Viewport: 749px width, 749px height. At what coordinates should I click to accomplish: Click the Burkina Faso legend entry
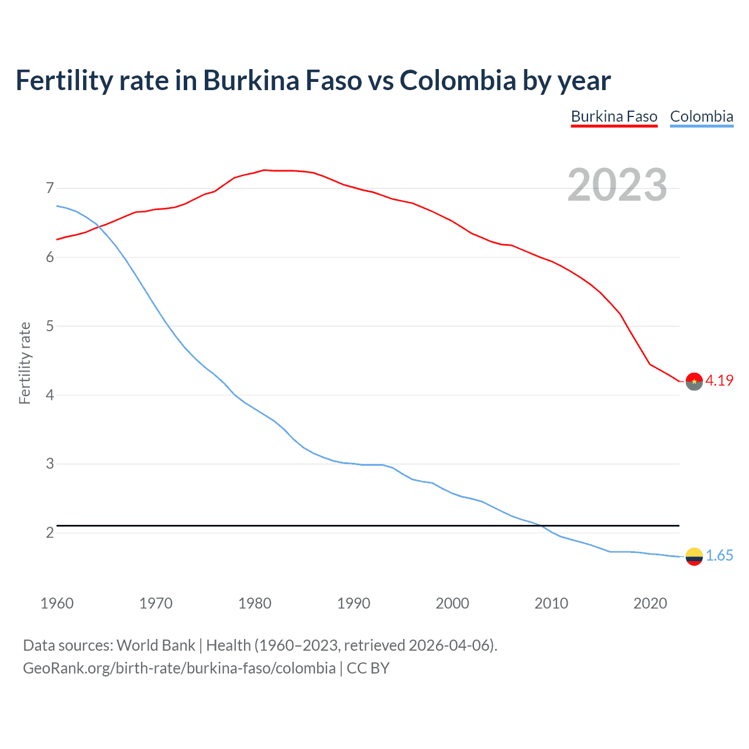tap(614, 116)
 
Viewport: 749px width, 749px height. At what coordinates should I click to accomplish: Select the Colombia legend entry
tap(701, 116)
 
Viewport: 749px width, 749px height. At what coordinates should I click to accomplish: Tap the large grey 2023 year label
tap(617, 185)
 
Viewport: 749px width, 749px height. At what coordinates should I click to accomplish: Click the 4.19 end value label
tap(719, 380)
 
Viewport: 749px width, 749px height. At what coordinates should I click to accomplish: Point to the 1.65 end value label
tap(719, 555)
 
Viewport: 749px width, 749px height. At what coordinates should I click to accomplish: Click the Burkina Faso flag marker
tap(694, 381)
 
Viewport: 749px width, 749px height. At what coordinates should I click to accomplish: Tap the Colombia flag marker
tap(694, 556)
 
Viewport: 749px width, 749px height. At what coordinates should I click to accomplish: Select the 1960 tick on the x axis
tap(57, 603)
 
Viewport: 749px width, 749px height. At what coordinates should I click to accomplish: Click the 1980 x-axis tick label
tap(255, 603)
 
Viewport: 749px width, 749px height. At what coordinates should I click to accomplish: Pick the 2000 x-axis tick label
tap(452, 603)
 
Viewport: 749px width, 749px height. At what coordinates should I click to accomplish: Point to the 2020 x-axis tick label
tap(650, 603)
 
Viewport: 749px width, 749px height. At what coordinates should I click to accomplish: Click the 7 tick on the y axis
tap(50, 188)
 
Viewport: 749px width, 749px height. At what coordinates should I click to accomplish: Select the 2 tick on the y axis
tap(50, 532)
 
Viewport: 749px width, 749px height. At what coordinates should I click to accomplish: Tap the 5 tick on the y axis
tap(50, 326)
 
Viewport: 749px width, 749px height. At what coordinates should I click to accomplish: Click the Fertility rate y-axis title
tap(25, 363)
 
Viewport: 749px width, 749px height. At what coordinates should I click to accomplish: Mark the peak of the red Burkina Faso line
tap(264, 170)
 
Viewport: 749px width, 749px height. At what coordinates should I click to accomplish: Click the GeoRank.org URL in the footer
tap(179, 668)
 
